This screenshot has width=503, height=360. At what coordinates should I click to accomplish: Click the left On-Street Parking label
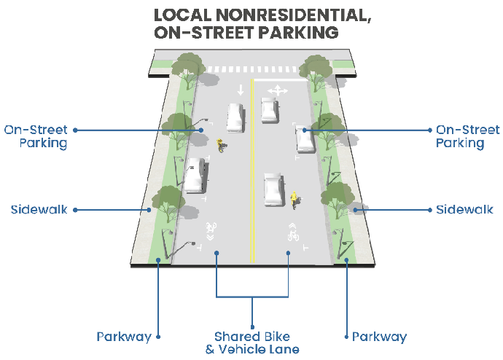click(36, 136)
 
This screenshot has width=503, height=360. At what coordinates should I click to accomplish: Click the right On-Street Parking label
click(467, 136)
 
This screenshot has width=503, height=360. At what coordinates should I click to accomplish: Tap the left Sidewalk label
click(39, 210)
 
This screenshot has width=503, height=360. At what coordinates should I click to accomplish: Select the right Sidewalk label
click(464, 210)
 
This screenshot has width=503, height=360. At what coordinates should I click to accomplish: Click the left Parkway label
click(124, 337)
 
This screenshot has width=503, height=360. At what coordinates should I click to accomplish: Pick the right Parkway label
click(379, 337)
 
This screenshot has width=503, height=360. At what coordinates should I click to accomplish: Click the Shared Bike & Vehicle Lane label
click(251, 343)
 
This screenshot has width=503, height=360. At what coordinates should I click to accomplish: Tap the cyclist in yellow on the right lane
click(295, 199)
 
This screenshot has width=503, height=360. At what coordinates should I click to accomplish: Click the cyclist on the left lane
click(221, 146)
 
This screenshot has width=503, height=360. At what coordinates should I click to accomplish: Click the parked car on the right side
click(305, 138)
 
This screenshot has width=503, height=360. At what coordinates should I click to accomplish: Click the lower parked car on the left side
click(193, 176)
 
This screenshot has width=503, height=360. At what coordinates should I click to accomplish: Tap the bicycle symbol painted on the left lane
click(211, 227)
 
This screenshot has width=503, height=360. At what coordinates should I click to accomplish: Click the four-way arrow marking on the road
click(277, 90)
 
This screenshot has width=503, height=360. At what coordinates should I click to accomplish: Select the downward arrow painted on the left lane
click(240, 90)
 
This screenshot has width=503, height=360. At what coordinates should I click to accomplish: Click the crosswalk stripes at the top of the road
click(251, 69)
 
